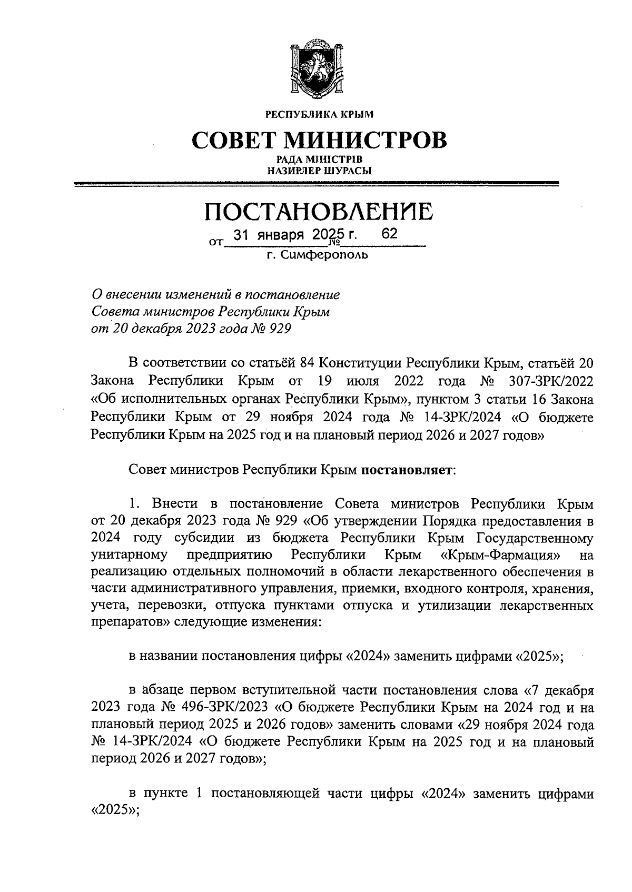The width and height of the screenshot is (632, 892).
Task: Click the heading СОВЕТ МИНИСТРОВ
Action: coord(319,140)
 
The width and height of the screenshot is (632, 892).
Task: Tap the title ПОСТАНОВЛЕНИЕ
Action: coord(319,212)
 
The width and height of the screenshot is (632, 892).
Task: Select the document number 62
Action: coord(389,234)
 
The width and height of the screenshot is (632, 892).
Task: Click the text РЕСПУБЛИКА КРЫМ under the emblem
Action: coord(319,113)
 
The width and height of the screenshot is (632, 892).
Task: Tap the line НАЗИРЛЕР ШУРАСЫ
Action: coord(319,170)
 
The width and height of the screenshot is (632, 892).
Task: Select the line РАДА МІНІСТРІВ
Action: coord(319,160)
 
